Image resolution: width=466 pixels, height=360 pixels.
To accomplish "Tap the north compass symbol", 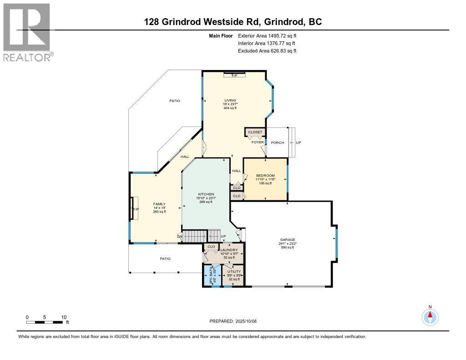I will coord(430,316).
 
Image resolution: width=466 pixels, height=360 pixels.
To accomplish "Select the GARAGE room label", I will coord(288,240).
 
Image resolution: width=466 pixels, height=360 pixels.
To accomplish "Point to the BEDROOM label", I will coord(265,176).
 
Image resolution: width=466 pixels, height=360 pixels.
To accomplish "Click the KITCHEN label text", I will coord(206,194).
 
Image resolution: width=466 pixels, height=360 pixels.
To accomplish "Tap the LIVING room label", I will coord(230,100).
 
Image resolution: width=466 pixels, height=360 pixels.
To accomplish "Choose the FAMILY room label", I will coord(159,204).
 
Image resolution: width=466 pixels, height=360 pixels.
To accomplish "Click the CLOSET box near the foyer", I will coord(255,132).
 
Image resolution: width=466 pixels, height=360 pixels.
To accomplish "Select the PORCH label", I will coord(277,143).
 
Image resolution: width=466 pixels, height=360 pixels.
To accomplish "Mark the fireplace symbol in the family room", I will coord(135,209).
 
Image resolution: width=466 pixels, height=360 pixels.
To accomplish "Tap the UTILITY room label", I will coord(234,272).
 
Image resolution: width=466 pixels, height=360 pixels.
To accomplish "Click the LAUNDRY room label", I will coord(229,250).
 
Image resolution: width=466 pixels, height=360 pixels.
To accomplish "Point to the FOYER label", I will coord(258,142).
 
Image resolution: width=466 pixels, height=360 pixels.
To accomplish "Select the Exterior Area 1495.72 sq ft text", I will coord(267,35).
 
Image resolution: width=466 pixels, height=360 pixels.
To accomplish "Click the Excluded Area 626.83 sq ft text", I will coord(267,51).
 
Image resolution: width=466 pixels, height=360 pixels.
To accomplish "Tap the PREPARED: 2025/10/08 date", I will coord(233,321).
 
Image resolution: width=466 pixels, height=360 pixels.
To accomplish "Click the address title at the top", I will coord(233,22).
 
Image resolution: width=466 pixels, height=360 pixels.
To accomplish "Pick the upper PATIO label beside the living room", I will coord(175,101).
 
